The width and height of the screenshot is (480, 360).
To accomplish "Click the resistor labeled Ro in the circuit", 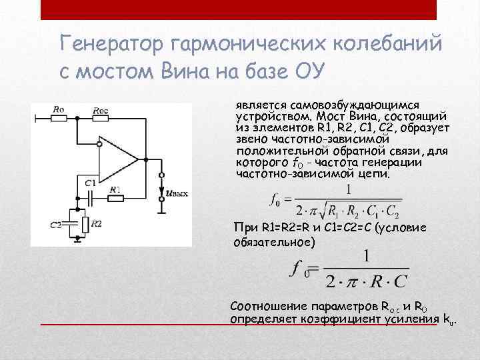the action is click(x=59, y=118).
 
